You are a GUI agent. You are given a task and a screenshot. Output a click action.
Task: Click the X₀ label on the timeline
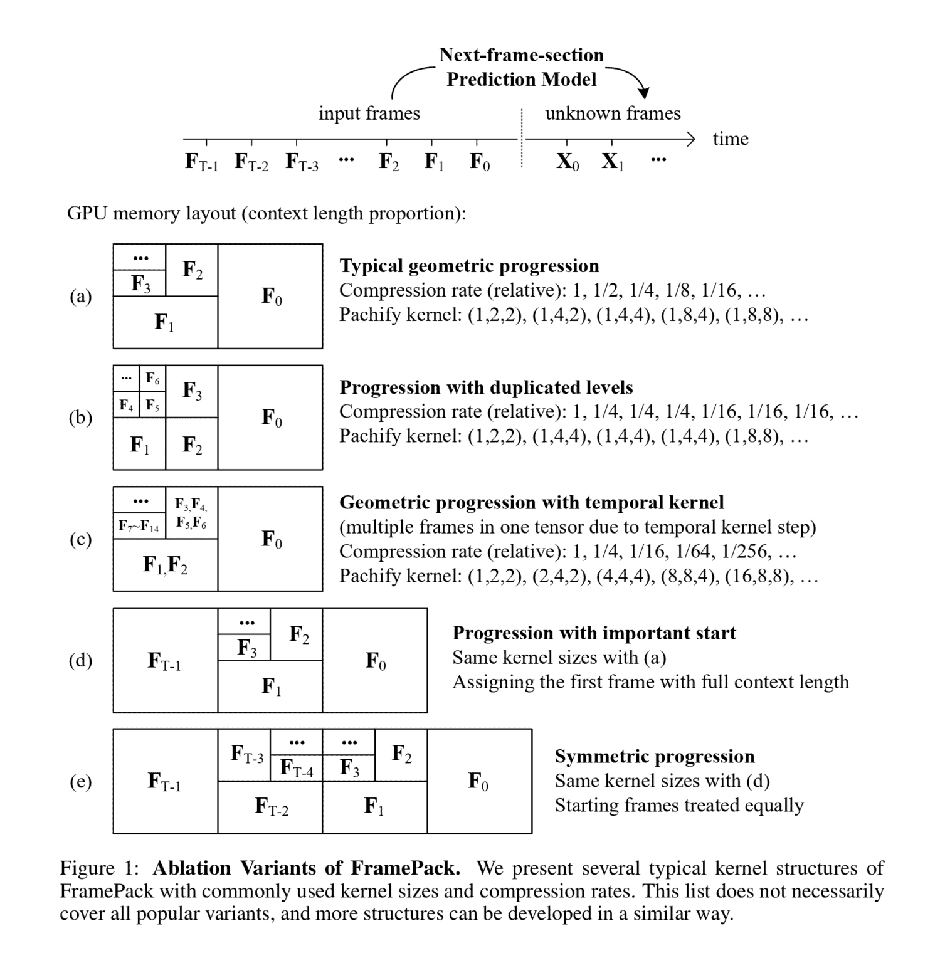(x=568, y=162)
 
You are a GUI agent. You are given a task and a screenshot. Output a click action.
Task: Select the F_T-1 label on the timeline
(x=201, y=162)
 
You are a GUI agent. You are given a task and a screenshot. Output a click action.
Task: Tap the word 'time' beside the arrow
(x=731, y=139)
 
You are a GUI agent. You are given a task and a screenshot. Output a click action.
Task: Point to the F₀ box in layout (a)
(x=270, y=296)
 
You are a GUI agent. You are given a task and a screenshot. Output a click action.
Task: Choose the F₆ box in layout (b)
(x=152, y=379)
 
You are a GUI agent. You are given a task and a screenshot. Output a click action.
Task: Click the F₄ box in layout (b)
(x=126, y=405)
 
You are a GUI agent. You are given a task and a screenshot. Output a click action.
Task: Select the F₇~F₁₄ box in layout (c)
(x=139, y=526)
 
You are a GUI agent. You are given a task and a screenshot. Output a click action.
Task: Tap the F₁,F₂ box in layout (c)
(x=165, y=565)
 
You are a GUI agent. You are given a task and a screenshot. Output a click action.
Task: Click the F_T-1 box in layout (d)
(x=165, y=660)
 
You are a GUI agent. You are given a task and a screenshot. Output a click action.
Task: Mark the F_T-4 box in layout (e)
(x=296, y=767)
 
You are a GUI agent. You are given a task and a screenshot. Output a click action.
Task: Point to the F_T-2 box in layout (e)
(x=270, y=807)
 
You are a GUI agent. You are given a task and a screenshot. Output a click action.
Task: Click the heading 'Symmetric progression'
(x=654, y=756)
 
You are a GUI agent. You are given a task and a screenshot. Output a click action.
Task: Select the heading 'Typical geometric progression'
(x=469, y=266)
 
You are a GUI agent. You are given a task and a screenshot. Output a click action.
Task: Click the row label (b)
(x=80, y=418)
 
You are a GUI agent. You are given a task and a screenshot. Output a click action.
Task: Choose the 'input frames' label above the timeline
(x=369, y=113)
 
